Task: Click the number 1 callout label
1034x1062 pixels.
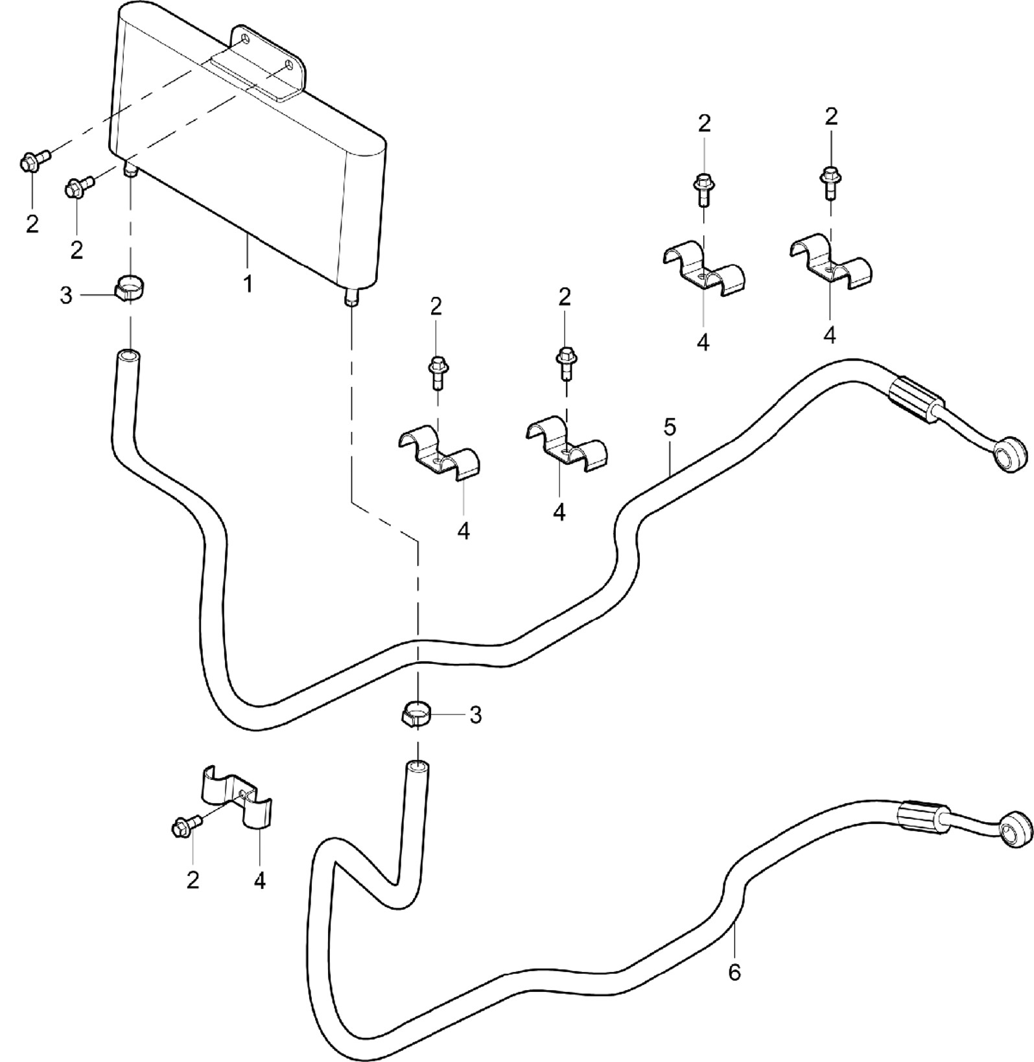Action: pos(248,284)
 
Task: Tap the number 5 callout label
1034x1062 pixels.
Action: pos(670,427)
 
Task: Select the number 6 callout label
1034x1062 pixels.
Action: pos(734,973)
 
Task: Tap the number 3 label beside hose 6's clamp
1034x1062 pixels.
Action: pos(475,715)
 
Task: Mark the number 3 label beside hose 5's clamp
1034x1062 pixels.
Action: pos(66,297)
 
